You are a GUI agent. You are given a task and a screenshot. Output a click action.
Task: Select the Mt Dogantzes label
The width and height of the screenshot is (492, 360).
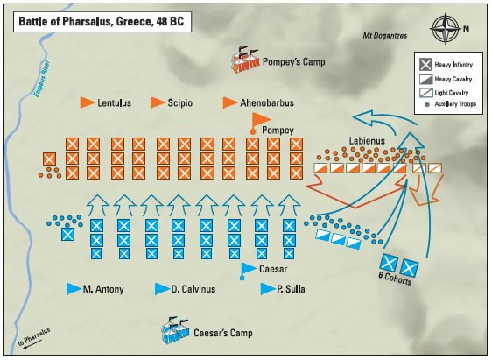tap(386, 36)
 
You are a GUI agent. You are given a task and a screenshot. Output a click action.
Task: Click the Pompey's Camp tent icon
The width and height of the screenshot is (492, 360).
tap(246, 59)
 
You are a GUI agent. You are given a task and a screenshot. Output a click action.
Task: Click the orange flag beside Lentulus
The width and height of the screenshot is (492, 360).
tap(87, 102)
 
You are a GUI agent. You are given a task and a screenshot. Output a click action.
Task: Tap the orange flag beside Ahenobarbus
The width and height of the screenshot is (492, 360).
tap(230, 102)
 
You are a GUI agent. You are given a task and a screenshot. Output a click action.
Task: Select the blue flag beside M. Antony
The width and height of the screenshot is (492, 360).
tap(73, 288)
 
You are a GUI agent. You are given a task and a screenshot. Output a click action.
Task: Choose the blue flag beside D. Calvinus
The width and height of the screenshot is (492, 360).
tap(161, 288)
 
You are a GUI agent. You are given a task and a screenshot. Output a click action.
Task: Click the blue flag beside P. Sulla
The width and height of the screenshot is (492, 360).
tap(264, 288)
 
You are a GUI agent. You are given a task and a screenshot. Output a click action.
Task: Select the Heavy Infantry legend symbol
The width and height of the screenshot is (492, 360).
tap(425, 63)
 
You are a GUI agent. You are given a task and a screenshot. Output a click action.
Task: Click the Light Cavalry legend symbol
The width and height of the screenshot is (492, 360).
tap(425, 92)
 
